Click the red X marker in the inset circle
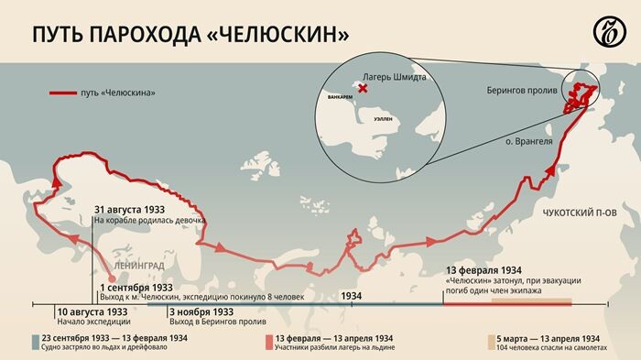click(364, 89)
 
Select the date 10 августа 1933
click(92, 311)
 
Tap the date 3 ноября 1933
click(203, 311)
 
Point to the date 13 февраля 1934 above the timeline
click(485, 271)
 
